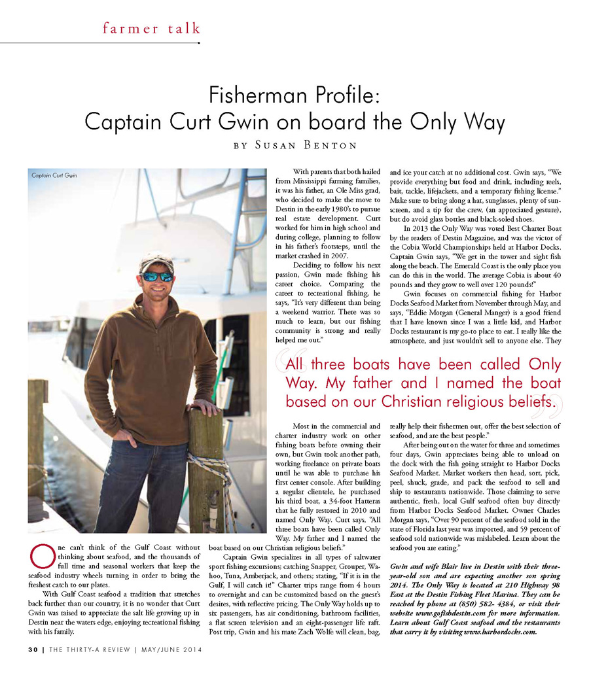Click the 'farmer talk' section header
(x=151, y=28)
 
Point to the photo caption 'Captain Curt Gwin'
(x=54, y=175)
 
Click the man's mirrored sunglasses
(x=157, y=276)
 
